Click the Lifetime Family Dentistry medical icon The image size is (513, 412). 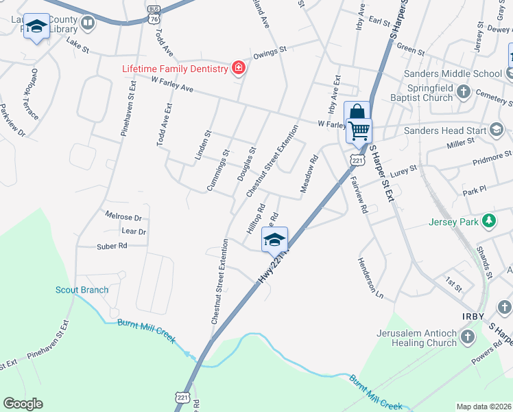[x=238, y=67]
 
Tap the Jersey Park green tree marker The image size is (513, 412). [x=489, y=221]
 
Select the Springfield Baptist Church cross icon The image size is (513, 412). [x=464, y=91]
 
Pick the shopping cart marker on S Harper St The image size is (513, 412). [x=359, y=130]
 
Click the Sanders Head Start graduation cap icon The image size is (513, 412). [x=496, y=129]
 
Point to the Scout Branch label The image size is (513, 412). [x=82, y=290]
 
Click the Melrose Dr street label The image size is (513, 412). [x=123, y=217]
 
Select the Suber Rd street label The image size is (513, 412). [x=112, y=245]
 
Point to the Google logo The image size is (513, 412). [x=23, y=404]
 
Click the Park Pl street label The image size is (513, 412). [x=474, y=190]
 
